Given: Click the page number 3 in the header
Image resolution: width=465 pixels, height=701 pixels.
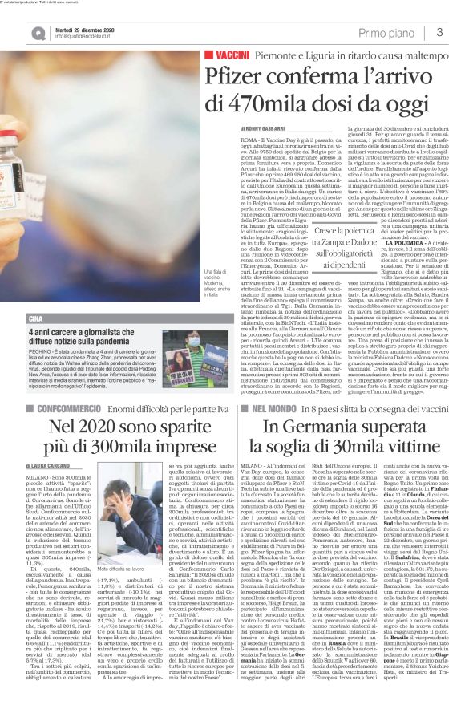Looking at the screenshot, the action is coord(439,31).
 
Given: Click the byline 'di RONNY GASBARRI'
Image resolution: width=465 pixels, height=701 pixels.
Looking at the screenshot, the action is coord(267,128).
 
